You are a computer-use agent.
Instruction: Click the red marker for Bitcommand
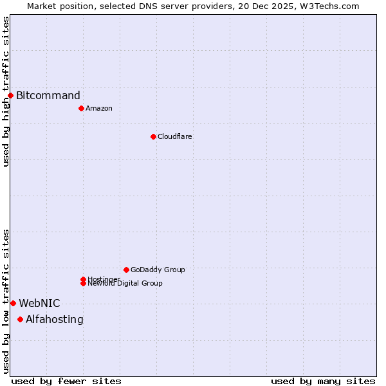tap(10, 96)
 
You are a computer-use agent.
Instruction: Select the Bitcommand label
tap(48, 96)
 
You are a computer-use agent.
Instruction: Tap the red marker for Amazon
tap(81, 108)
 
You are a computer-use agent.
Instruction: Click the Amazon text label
tap(99, 108)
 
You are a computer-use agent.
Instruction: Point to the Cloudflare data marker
tap(153, 136)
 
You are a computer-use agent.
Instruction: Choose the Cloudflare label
tap(175, 136)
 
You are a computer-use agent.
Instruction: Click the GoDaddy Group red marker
tap(126, 270)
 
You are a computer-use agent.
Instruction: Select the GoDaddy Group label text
tap(158, 270)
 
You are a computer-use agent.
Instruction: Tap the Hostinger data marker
tap(83, 279)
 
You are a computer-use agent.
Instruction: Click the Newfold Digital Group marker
tap(83, 283)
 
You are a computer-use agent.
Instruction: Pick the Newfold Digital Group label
tap(125, 284)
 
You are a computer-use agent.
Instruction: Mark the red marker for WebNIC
tap(13, 303)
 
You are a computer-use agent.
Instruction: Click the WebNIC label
tap(39, 303)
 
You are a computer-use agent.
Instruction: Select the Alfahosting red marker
tap(20, 319)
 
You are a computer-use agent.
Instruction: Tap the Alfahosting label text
tap(55, 319)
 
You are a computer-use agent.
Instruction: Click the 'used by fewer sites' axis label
tap(66, 381)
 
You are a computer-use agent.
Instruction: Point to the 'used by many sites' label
tap(323, 381)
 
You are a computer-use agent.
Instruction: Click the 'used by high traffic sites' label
tap(6, 91)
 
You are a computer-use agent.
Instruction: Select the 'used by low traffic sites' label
tap(6, 301)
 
